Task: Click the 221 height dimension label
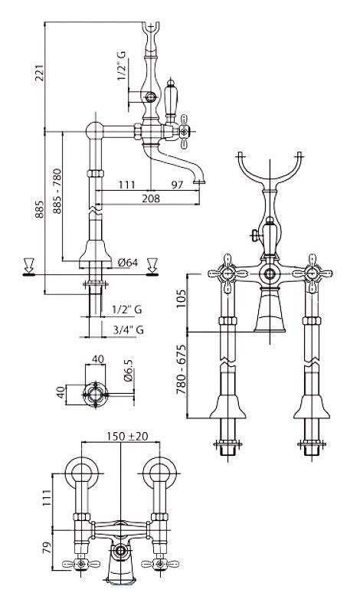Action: click(x=39, y=73)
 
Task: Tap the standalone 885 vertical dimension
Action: click(x=39, y=209)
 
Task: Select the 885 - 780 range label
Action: click(x=57, y=191)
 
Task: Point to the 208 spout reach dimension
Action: click(x=151, y=198)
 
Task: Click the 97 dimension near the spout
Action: click(x=177, y=185)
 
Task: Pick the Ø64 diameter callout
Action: click(x=128, y=263)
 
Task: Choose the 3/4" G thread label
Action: click(x=129, y=330)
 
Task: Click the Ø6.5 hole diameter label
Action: click(x=129, y=371)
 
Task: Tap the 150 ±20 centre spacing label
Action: click(x=127, y=436)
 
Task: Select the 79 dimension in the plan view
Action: click(x=47, y=548)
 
